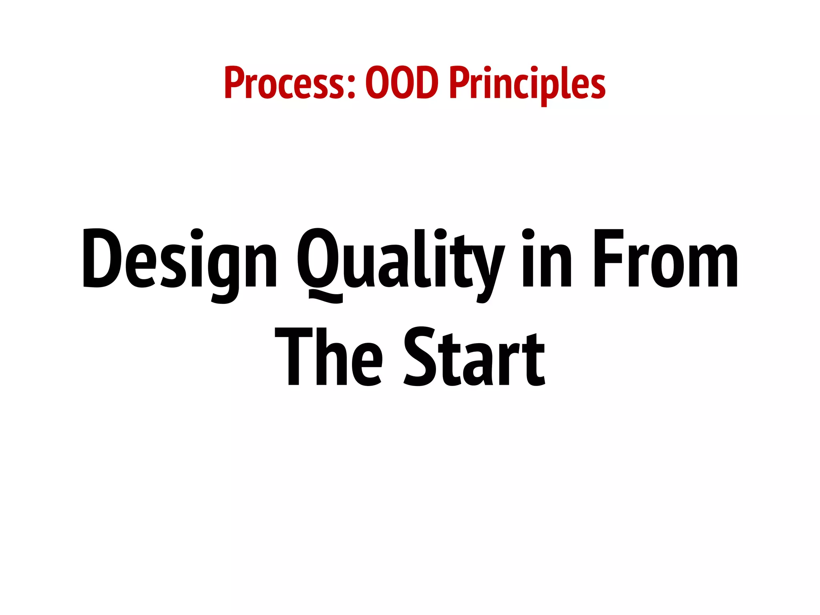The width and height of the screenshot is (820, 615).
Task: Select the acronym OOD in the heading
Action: (x=402, y=83)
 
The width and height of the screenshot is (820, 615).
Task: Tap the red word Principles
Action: (x=527, y=84)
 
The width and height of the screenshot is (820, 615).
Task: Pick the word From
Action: (x=665, y=258)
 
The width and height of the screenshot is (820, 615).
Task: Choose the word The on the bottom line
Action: (x=328, y=356)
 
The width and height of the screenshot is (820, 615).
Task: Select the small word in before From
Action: (x=547, y=258)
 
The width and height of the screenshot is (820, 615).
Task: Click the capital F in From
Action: (x=608, y=258)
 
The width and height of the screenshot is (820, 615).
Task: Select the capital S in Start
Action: (x=420, y=356)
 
